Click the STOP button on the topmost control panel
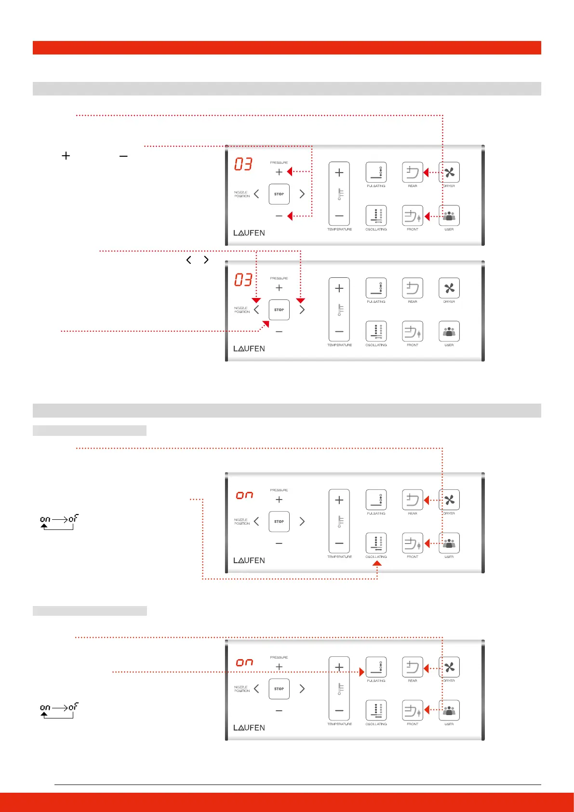[x=279, y=194]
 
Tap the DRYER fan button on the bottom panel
[x=449, y=667]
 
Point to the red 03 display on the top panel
[x=243, y=164]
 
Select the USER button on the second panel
[x=449, y=331]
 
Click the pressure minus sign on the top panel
[x=279, y=216]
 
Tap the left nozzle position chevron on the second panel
[x=256, y=310]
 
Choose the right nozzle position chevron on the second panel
[x=302, y=310]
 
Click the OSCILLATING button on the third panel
[x=376, y=543]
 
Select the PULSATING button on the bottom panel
[x=376, y=667]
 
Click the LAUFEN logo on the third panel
[x=249, y=560]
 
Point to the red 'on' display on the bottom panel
[x=244, y=663]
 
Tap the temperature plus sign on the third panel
[x=339, y=500]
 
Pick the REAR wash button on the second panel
[x=413, y=288]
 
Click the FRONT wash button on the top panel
[x=413, y=216]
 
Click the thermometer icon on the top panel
[x=340, y=194]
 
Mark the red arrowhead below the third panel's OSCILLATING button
[x=377, y=563]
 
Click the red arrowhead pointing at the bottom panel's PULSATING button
[x=362, y=672]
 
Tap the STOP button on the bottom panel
[x=279, y=689]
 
